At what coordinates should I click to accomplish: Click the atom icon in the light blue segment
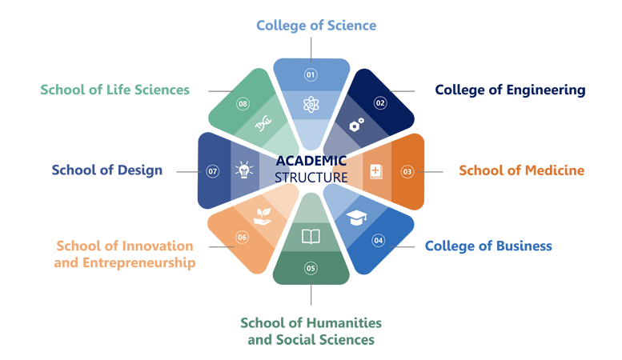tap(311, 105)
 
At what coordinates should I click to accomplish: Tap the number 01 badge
tap(311, 74)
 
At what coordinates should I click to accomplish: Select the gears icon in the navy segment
tap(356, 124)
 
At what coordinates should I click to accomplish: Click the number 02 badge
tap(380, 103)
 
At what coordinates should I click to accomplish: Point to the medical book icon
tap(375, 172)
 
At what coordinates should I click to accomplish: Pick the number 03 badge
tap(407, 172)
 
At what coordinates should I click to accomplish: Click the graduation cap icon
tap(356, 218)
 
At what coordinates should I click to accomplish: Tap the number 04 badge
tap(378, 240)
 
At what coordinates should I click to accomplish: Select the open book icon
tap(311, 237)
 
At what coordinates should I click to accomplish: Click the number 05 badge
tap(311, 269)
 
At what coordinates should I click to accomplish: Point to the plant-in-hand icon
tap(263, 217)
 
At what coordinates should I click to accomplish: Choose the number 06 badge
tap(242, 238)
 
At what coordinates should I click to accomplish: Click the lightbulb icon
tap(244, 170)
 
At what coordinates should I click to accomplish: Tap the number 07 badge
tap(213, 171)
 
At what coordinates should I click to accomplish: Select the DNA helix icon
tap(263, 123)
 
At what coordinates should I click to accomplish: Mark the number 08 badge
tap(243, 104)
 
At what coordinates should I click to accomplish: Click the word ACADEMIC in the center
tap(311, 161)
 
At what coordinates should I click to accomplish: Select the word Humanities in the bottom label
tap(343, 322)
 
